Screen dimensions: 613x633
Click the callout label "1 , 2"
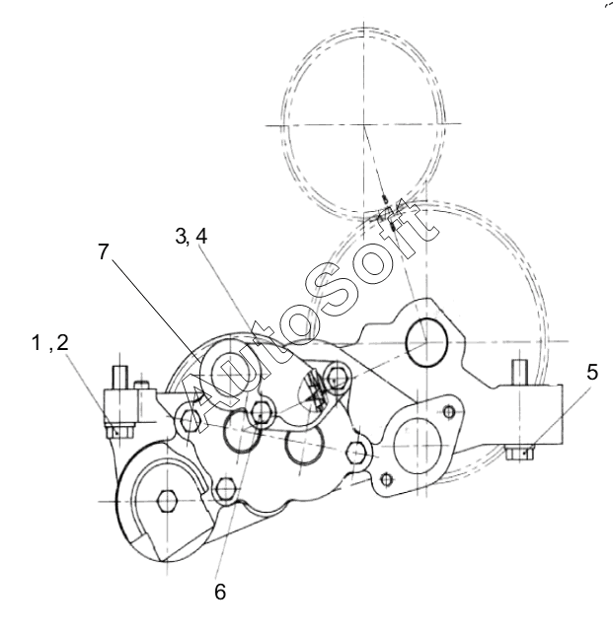(50, 343)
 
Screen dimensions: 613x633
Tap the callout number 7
(104, 251)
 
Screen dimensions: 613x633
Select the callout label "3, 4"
(192, 237)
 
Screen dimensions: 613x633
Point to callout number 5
(591, 372)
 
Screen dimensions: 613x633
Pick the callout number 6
(220, 592)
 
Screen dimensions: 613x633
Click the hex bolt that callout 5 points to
(520, 453)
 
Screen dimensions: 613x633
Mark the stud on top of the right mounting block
(520, 373)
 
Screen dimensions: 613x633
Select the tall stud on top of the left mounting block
(120, 377)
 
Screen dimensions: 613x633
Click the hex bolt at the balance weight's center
(167, 502)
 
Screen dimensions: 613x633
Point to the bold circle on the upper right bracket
(426, 342)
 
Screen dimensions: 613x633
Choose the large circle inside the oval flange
(417, 446)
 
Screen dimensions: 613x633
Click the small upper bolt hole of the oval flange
(449, 412)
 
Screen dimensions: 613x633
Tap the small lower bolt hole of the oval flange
(387, 479)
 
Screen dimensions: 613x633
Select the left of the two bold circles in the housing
(241, 430)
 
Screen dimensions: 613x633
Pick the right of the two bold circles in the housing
(304, 444)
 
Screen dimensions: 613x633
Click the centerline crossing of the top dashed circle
(364, 125)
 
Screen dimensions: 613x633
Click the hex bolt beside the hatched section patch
(337, 380)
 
